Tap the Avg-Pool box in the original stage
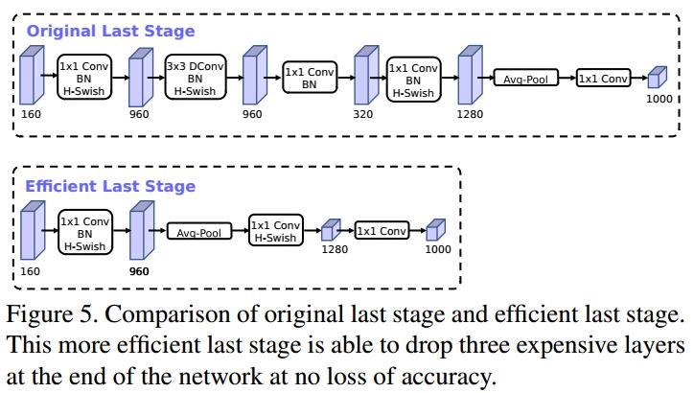point(525,79)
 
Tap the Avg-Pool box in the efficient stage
point(199,232)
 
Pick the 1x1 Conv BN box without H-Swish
point(309,78)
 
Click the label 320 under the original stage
point(362,114)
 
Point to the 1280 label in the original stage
point(470,114)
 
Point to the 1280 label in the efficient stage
point(334,249)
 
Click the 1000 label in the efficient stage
point(437,249)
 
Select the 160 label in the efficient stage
point(30,271)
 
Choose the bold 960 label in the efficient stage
point(138,271)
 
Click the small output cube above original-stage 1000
point(656,79)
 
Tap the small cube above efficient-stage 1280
point(331,230)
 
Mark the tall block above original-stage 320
point(362,78)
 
